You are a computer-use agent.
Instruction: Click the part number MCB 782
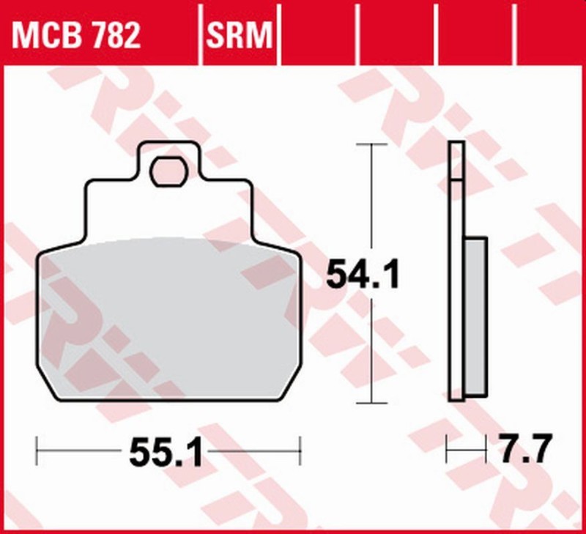[75, 35]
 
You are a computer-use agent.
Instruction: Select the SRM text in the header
[239, 35]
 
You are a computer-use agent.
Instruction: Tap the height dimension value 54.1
[363, 277]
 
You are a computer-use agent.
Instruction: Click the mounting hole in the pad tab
[168, 172]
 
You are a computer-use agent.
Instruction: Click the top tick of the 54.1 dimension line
[374, 144]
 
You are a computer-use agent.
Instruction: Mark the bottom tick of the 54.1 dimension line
[374, 403]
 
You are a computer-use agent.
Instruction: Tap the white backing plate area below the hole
[168, 212]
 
